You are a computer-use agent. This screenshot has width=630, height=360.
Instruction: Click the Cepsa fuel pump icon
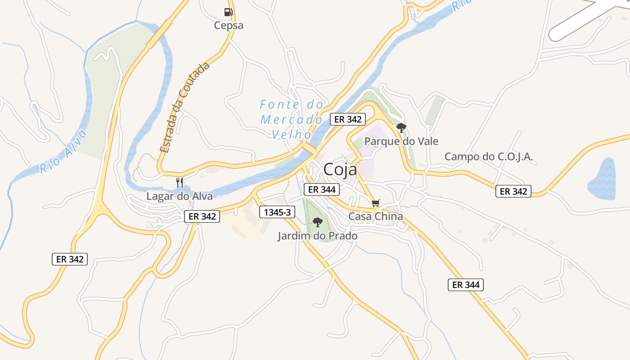point(229,12)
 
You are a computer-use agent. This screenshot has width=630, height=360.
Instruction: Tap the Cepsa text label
point(229,25)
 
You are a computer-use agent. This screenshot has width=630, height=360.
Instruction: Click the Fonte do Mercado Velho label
point(292,120)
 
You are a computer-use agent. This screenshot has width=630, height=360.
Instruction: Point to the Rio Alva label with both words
point(63,152)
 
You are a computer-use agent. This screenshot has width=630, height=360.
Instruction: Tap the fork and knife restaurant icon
point(179,182)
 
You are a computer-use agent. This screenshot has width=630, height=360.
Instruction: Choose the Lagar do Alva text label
point(179,196)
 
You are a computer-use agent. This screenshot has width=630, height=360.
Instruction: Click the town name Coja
point(340,170)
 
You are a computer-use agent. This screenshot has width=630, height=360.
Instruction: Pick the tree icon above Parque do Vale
point(401,128)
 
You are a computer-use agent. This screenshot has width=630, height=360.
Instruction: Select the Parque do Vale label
point(401,141)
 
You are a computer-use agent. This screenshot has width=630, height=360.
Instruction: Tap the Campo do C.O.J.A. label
point(488,157)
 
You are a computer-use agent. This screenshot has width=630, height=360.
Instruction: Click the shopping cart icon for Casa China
point(376,203)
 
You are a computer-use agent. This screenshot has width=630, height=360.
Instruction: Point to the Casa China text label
point(376,216)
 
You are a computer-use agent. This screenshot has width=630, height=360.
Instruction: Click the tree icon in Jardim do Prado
point(317,222)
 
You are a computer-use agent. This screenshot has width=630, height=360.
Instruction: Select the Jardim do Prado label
point(317,236)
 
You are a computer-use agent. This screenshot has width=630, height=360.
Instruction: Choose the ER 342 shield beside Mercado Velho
point(348,119)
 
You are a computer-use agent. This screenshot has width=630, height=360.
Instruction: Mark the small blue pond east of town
point(602,179)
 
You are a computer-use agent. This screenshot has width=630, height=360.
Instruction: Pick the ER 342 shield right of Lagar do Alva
point(202,216)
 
